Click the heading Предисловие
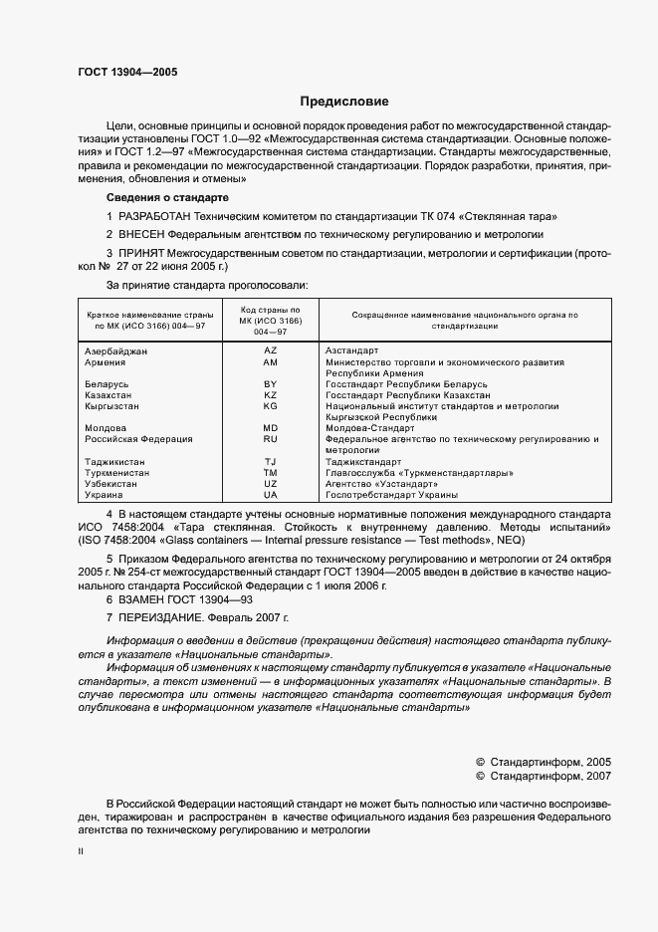click(x=344, y=102)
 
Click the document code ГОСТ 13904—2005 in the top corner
click(x=127, y=72)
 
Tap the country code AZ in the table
click(x=270, y=350)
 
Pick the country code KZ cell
click(x=270, y=395)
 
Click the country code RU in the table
click(x=270, y=439)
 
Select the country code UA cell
click(x=270, y=495)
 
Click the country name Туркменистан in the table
click(x=117, y=473)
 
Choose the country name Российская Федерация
click(x=137, y=439)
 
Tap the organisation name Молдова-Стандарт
click(x=369, y=428)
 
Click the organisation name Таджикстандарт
click(x=364, y=462)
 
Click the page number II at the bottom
click(x=82, y=852)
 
